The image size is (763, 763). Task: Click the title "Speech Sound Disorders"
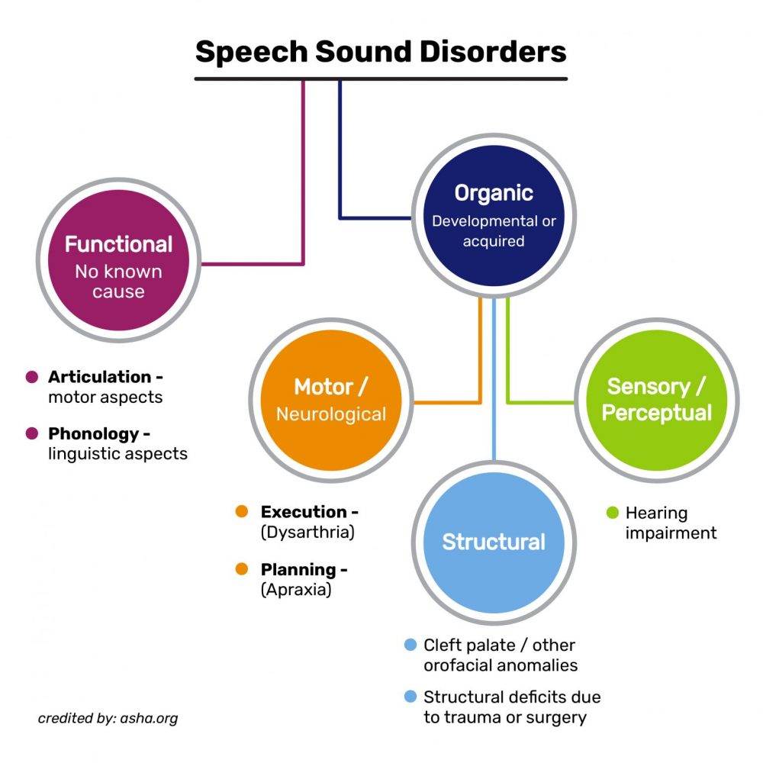pyautogui.click(x=381, y=52)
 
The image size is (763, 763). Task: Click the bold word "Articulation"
pyautogui.click(x=100, y=377)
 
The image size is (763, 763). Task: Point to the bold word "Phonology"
pyautogui.click(x=95, y=433)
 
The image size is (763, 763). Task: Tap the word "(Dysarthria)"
pyautogui.click(x=307, y=533)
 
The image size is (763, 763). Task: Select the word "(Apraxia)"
pyautogui.click(x=296, y=590)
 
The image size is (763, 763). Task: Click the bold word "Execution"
pyautogui.click(x=304, y=512)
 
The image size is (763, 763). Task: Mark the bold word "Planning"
pyautogui.click(x=298, y=569)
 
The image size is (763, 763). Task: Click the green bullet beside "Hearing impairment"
pyautogui.click(x=612, y=513)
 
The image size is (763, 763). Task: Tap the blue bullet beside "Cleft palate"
pyautogui.click(x=410, y=645)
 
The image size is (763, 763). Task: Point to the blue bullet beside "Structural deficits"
pyautogui.click(x=410, y=697)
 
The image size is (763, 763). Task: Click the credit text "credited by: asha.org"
pyautogui.click(x=108, y=718)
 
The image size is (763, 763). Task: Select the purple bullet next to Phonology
pyautogui.click(x=31, y=434)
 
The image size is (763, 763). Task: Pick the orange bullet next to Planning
pyautogui.click(x=243, y=569)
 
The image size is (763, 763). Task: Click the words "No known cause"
pyautogui.click(x=118, y=281)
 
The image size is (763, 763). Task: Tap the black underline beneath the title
pyautogui.click(x=381, y=78)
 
